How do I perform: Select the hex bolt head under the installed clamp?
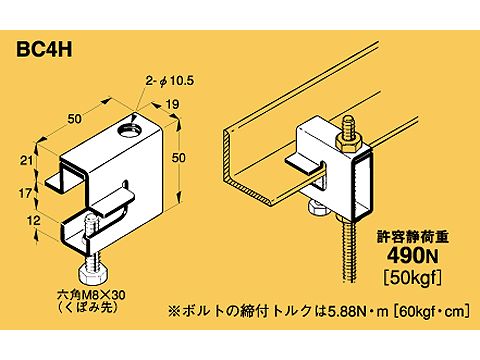318,210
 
